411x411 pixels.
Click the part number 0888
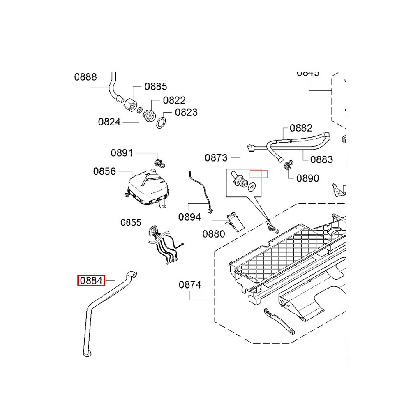point(85,77)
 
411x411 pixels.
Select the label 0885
point(156,86)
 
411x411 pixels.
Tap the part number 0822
point(174,100)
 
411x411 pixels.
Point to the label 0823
point(186,112)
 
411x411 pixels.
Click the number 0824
point(109,122)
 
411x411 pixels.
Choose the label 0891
point(122,153)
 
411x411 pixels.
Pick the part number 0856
point(104,171)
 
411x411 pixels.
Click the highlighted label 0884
point(92,281)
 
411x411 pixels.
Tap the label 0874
point(190,284)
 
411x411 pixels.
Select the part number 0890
point(307,178)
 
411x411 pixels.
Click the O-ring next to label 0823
point(162,122)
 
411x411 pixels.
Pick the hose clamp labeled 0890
point(287,166)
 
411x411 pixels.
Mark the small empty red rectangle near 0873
point(259,174)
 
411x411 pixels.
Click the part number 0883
point(321,159)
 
